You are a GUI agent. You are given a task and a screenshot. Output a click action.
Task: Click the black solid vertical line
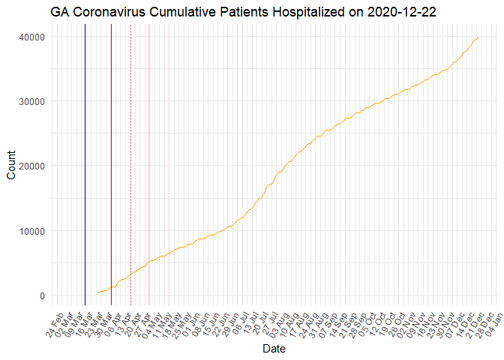pos(85,165)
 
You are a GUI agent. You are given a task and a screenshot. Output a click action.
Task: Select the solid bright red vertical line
pos(111,165)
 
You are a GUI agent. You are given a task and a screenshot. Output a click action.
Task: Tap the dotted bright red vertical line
pos(130,165)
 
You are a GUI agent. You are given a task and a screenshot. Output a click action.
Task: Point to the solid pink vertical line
pos(148,165)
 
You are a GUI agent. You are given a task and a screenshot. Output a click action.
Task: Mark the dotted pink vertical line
pos(169,165)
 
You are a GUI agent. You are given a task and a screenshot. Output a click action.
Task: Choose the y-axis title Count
pos(11,165)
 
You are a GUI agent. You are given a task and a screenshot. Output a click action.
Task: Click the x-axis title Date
pos(274,349)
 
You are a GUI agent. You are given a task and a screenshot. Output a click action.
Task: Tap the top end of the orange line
pos(478,37)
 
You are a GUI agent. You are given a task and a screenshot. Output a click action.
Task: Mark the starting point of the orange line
pos(98,292)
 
